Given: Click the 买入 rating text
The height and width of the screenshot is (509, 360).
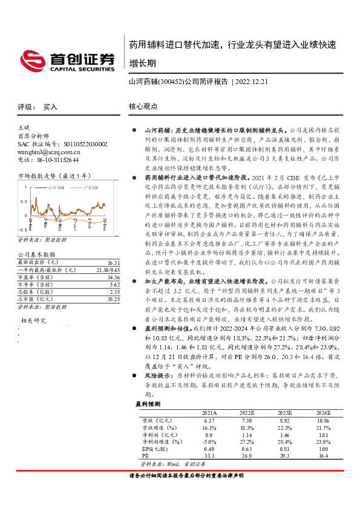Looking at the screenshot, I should click(x=50, y=107).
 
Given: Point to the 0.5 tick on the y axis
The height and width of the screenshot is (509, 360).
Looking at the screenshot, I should click(x=24, y=201).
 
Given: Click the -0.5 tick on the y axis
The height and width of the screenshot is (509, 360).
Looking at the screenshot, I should click(x=22, y=230).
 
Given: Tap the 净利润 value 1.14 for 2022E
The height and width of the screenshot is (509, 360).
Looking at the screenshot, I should click(x=247, y=434).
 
